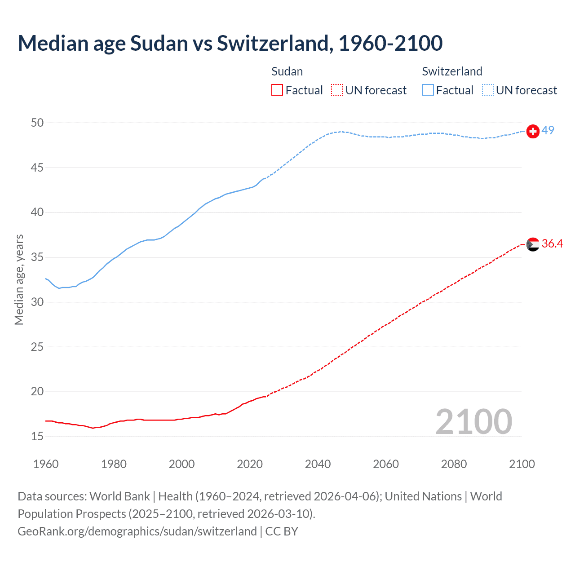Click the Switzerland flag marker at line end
click(533, 131)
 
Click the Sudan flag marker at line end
click(533, 244)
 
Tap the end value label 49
click(548, 130)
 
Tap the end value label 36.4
click(552, 243)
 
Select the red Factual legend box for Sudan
click(277, 90)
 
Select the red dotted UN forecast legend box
click(337, 90)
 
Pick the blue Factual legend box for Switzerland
click(428, 90)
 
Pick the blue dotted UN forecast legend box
click(487, 90)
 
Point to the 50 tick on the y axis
click(37, 123)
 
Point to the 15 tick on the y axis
click(37, 436)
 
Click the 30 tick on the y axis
click(37, 302)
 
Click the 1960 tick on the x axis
click(46, 464)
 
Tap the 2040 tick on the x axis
click(318, 464)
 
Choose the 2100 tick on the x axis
click(522, 464)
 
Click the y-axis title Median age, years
click(19, 279)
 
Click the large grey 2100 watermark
click(473, 421)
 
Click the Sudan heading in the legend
click(287, 71)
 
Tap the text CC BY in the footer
click(282, 531)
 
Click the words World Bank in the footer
click(119, 496)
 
